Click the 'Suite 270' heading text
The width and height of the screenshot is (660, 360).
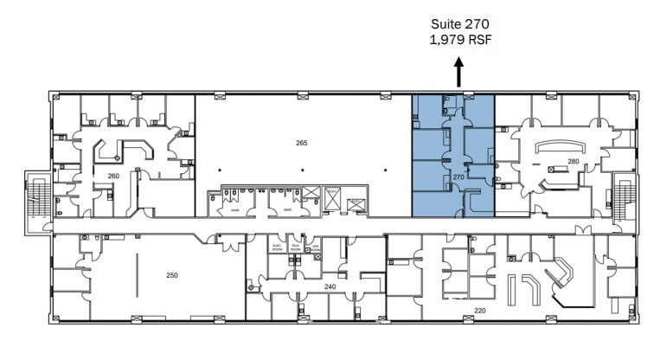pyautogui.click(x=459, y=24)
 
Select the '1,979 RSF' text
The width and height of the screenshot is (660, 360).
pyautogui.click(x=459, y=40)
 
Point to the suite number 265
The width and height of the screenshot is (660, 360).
pyautogui.click(x=302, y=143)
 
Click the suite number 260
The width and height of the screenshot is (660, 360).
pyautogui.click(x=113, y=176)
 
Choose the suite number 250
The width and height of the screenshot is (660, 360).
pyautogui.click(x=172, y=275)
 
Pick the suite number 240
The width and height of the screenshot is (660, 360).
pyautogui.click(x=330, y=286)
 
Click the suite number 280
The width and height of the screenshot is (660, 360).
pyautogui.click(x=573, y=161)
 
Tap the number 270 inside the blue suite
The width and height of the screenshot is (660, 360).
pyautogui.click(x=459, y=177)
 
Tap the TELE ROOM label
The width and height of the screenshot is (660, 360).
pyautogui.click(x=298, y=247)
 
